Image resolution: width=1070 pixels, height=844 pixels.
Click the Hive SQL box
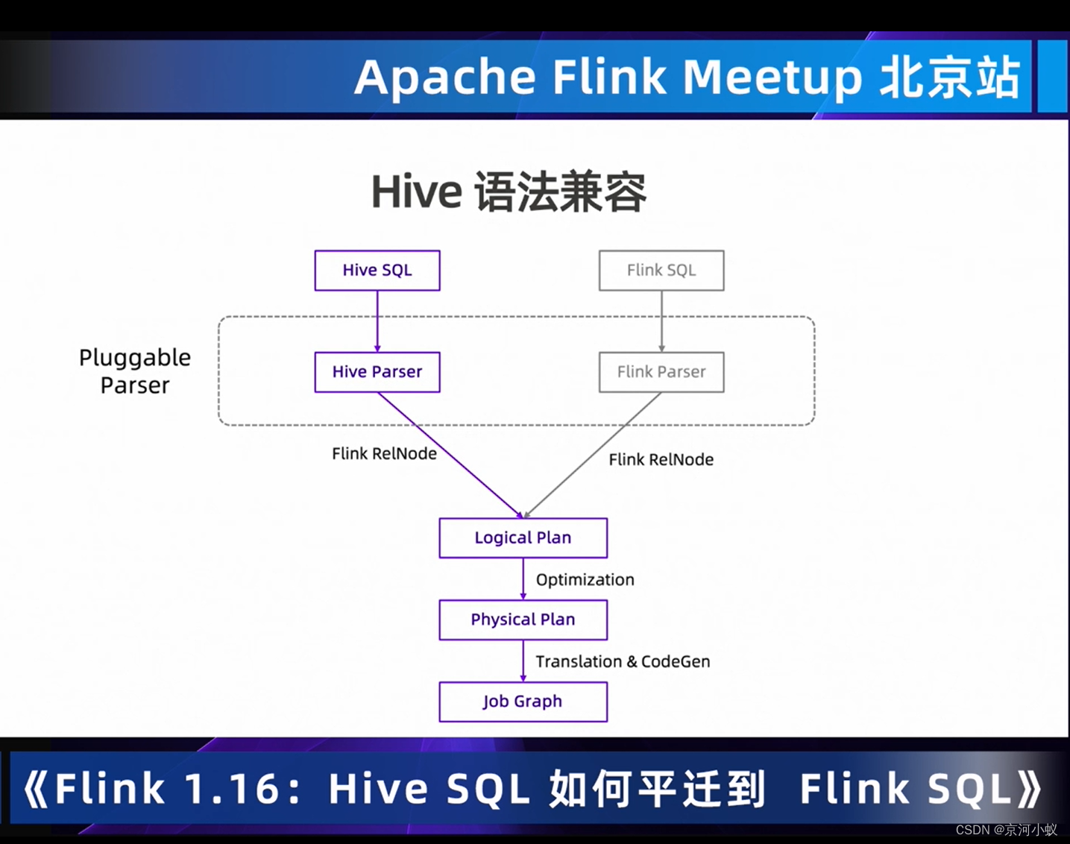coord(377,270)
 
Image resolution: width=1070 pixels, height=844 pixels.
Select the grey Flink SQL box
coord(661,270)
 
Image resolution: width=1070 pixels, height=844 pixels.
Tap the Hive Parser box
coord(377,371)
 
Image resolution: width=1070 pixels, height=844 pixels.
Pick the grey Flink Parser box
coord(661,371)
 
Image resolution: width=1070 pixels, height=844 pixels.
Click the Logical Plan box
coord(523,538)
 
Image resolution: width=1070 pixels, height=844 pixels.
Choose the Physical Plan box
coord(523,620)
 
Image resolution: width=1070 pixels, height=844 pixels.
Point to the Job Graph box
coord(523,702)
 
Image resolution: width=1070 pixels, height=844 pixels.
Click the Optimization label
coord(585,579)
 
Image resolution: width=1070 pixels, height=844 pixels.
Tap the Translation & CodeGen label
coord(623,661)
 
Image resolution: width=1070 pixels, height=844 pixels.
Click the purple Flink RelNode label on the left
coord(384,453)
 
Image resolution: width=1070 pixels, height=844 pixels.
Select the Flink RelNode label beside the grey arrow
coord(661,459)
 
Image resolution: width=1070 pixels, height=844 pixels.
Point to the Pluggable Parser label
coord(135,371)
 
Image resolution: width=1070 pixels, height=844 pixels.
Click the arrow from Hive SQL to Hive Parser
coord(377,321)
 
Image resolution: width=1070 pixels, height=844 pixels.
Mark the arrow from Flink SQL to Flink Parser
coord(661,321)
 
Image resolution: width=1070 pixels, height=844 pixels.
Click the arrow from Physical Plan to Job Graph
coord(523,661)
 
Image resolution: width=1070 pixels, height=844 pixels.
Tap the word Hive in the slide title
coord(416,192)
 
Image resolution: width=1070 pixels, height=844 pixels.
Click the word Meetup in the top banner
coord(772,77)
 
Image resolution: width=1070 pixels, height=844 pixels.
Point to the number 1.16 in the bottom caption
coord(232,789)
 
